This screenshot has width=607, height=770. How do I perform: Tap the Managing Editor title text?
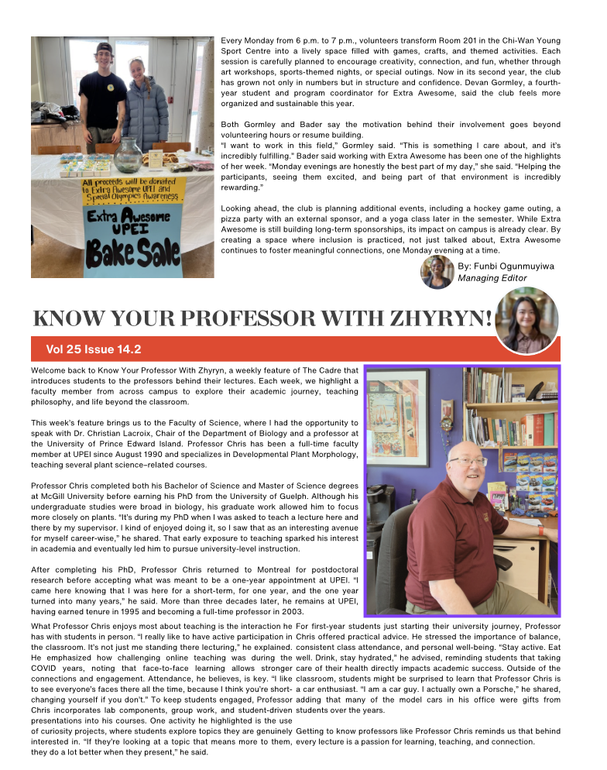coord(492,278)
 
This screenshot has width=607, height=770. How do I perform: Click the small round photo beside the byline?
coord(437,272)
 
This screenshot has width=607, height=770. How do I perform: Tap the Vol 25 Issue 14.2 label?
coord(93,349)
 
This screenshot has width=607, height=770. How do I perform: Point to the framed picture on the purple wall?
coord(397,418)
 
